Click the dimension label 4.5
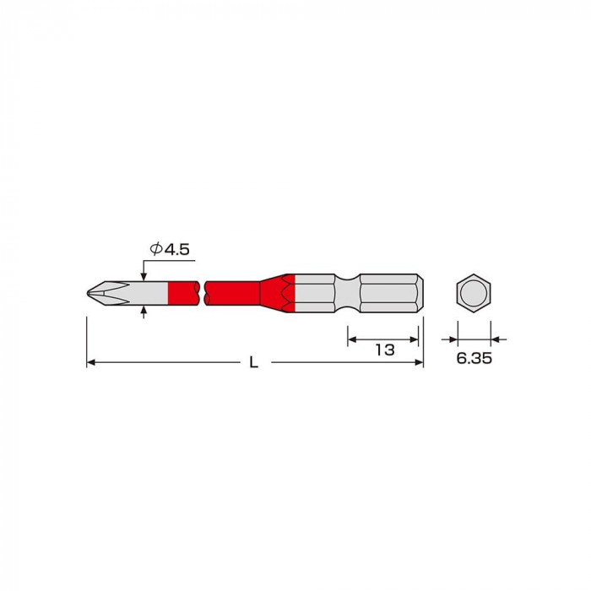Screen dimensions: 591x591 (x=176, y=250)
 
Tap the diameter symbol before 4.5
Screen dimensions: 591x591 (x=155, y=249)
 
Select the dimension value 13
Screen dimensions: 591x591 (x=385, y=350)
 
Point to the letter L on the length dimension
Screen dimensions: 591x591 (x=254, y=362)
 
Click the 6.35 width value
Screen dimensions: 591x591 (x=474, y=359)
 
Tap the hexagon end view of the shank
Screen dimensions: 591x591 (x=474, y=293)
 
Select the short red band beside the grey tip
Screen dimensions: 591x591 (x=183, y=293)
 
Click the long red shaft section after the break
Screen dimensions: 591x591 (x=232, y=293)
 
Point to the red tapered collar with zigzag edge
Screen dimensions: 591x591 (x=277, y=293)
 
